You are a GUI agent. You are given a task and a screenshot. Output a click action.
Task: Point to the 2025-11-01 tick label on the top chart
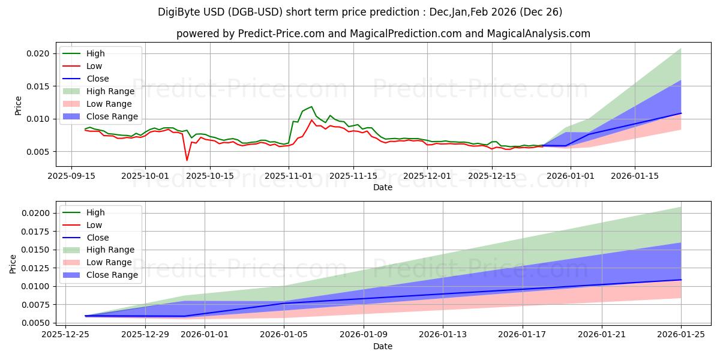tap(289, 176)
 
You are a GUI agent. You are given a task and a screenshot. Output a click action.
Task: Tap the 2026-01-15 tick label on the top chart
tap(635, 176)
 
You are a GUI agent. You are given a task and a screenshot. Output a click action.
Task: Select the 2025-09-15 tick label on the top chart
tap(71, 176)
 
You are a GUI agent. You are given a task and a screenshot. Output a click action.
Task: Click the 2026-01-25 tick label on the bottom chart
tap(681, 335)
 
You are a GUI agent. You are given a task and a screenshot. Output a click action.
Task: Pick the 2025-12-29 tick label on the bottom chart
tap(145, 335)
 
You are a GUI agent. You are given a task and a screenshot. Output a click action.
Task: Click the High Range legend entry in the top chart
tap(112, 91)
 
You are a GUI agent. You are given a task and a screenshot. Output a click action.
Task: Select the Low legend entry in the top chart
tap(94, 66)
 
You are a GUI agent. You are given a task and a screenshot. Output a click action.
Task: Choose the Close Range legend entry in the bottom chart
tap(112, 275)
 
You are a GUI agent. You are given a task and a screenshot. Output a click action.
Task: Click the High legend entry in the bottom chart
tap(95, 212)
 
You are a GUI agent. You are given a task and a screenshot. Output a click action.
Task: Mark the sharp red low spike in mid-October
tap(187, 160)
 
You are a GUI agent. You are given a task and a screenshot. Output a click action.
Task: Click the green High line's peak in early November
tap(311, 107)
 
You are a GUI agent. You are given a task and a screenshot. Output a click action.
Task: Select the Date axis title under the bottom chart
tap(383, 346)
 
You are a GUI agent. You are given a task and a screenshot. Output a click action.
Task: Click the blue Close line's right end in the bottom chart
tap(681, 280)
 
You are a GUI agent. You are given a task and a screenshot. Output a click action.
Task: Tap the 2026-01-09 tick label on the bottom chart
tap(364, 335)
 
